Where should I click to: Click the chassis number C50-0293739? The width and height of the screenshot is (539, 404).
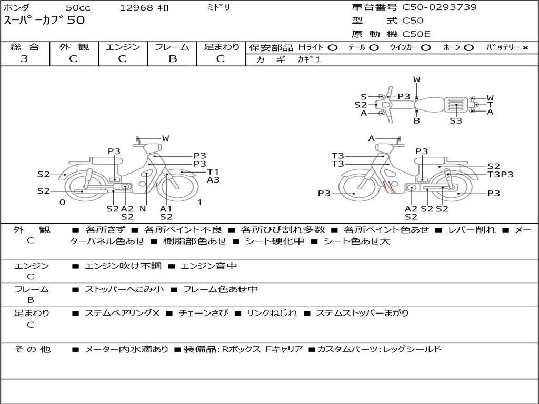440,7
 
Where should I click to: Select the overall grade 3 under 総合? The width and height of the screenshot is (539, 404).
24,59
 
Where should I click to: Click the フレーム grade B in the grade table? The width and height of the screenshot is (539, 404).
173,59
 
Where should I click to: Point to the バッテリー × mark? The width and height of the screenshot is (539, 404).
525,48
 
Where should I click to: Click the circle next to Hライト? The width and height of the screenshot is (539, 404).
333,48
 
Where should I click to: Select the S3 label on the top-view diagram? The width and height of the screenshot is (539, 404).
456,120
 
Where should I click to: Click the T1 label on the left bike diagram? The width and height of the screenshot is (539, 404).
213,172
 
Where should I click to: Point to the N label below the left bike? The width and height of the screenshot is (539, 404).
143,209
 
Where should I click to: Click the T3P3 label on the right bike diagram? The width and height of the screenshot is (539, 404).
501,175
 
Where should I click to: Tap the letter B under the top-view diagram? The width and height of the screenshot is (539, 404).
417,120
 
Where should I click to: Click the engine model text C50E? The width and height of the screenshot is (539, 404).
416,34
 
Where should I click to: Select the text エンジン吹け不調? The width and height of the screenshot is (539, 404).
123,266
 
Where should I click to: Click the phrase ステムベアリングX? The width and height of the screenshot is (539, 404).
122,313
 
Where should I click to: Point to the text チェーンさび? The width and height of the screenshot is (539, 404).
203,313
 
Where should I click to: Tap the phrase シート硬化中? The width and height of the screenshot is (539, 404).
275,241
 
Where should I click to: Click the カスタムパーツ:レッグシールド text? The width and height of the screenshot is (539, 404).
379,349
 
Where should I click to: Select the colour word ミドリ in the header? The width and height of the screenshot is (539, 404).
218,7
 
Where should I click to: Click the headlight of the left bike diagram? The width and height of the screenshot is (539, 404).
152,149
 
